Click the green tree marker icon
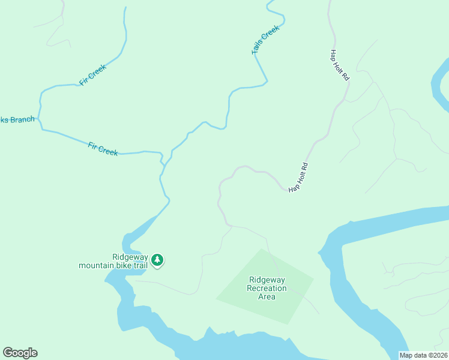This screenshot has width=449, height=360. (157, 260)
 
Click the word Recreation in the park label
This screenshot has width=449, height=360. (267, 289)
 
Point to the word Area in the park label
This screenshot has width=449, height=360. (267, 296)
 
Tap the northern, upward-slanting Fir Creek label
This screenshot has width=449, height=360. (93, 74)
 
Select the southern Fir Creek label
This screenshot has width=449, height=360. (103, 149)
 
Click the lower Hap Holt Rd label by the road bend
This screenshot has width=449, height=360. (298, 178)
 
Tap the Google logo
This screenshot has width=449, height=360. (20, 353)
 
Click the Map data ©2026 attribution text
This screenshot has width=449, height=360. (424, 355)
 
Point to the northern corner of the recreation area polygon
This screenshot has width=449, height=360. (261, 248)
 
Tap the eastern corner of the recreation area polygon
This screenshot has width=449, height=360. (313, 279)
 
